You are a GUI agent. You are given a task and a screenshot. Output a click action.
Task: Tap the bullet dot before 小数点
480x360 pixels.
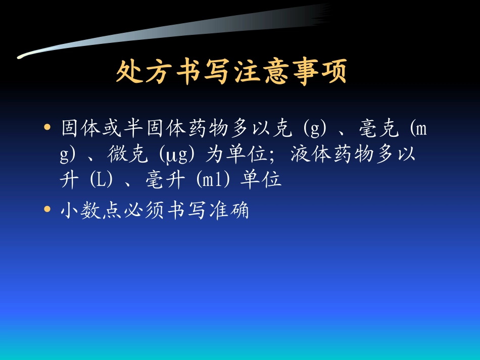click(47, 209)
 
